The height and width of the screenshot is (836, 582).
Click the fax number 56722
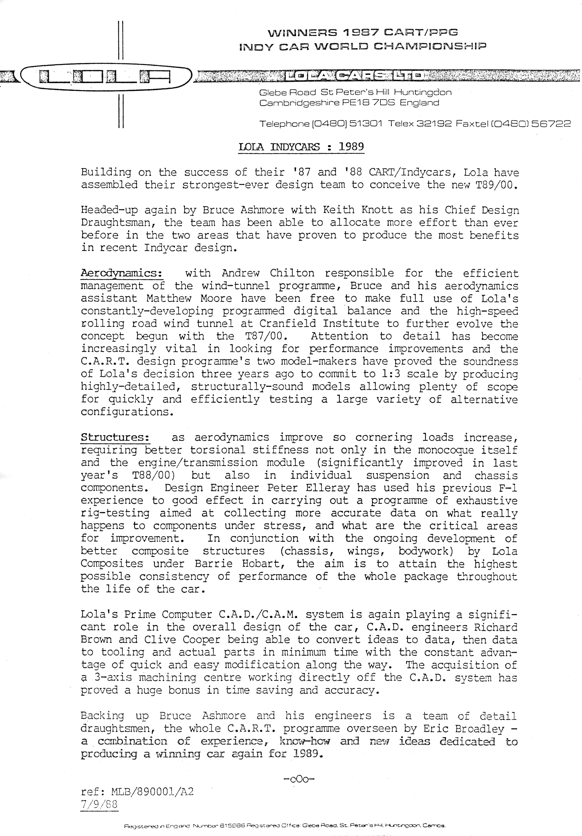(x=551, y=124)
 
